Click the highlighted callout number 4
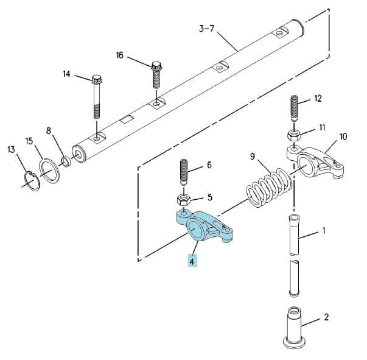[192, 261]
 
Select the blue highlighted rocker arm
[204, 226]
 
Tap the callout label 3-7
[207, 29]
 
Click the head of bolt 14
[97, 79]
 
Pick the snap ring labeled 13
[32, 181]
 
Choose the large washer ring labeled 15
[49, 171]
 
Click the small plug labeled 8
[66, 161]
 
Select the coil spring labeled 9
[269, 187]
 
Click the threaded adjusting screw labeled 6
[184, 172]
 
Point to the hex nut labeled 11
[293, 135]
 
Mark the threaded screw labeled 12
[295, 108]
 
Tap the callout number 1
[324, 231]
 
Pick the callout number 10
[343, 136]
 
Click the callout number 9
[253, 156]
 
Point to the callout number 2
[326, 317]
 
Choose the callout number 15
[29, 141]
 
